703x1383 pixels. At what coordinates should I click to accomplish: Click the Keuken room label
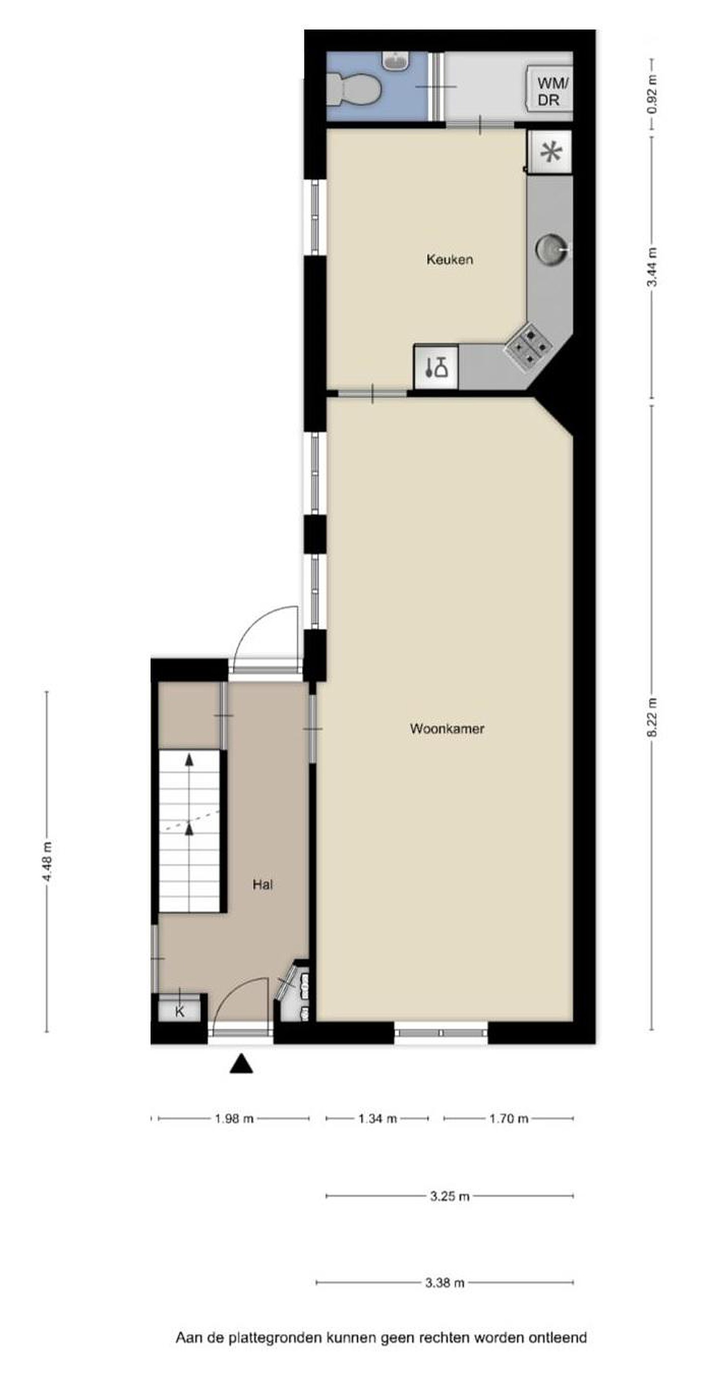pyautogui.click(x=449, y=260)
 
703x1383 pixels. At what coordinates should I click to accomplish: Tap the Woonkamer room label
pyautogui.click(x=447, y=728)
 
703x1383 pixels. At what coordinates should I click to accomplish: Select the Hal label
pyautogui.click(x=263, y=884)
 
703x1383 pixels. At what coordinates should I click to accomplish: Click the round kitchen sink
pyautogui.click(x=551, y=250)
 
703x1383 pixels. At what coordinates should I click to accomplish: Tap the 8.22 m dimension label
pyautogui.click(x=653, y=718)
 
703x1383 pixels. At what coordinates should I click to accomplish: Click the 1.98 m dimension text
pyautogui.click(x=234, y=1119)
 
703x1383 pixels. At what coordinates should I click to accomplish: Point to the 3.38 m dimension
pyautogui.click(x=445, y=1283)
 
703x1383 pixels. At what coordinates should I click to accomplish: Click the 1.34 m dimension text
pyautogui.click(x=377, y=1119)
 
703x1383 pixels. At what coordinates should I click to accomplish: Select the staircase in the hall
pyautogui.click(x=189, y=831)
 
